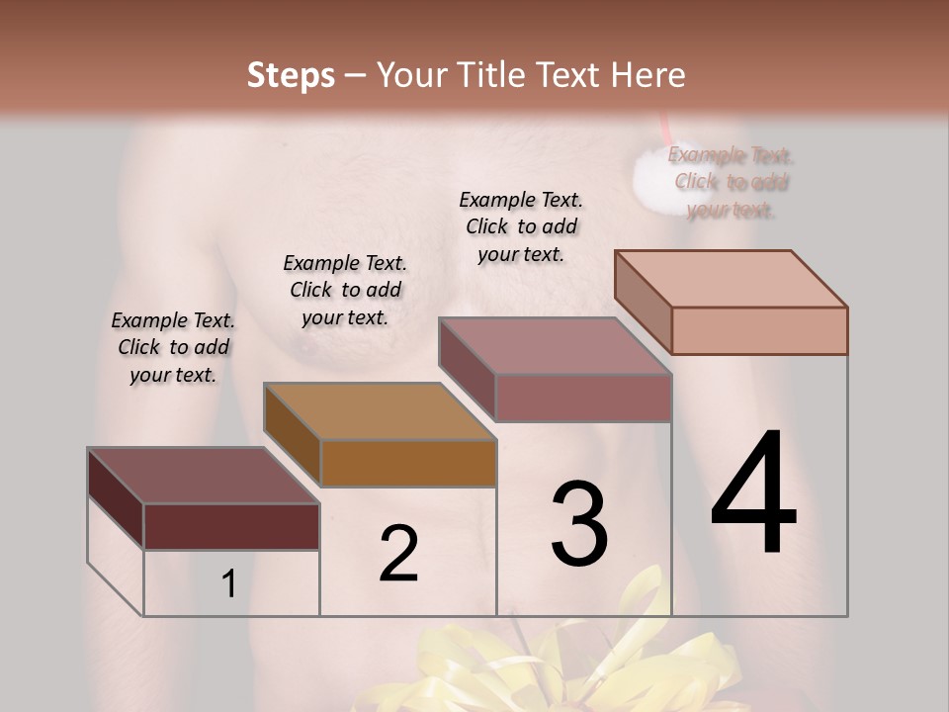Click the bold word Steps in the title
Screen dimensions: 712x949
(291, 75)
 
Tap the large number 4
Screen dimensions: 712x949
(753, 493)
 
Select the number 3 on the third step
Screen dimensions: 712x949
(578, 524)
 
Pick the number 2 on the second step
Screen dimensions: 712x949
(398, 554)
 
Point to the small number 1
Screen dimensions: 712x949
(228, 584)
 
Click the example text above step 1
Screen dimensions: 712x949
(173, 347)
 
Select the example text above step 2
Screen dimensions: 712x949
(345, 290)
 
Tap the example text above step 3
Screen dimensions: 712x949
(521, 226)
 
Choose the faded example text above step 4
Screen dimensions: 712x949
(731, 182)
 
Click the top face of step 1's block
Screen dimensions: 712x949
(202, 475)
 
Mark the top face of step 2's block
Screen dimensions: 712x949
(379, 410)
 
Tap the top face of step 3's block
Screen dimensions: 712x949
(555, 346)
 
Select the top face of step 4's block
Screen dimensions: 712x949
(731, 278)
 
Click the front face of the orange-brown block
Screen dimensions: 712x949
(408, 463)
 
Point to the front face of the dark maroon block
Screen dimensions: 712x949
(231, 526)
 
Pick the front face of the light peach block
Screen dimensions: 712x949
(759, 330)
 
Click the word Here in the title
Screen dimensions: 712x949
(648, 75)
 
